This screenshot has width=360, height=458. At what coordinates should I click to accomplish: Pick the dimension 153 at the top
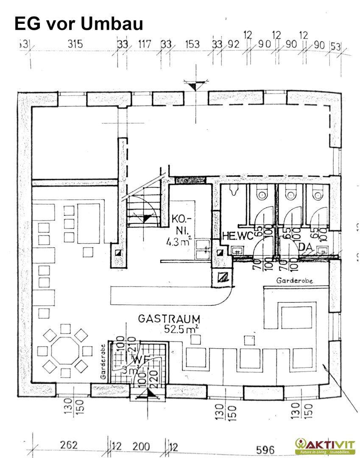pyautogui.click(x=192, y=44)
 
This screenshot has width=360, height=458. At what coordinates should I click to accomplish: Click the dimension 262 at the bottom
pyautogui.click(x=69, y=445)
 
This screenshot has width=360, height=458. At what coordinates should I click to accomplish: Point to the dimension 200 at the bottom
pyautogui.click(x=141, y=447)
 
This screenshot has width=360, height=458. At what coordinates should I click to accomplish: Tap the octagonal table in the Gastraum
pyautogui.click(x=65, y=350)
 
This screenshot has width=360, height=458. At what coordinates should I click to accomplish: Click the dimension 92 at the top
pyautogui.click(x=233, y=44)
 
